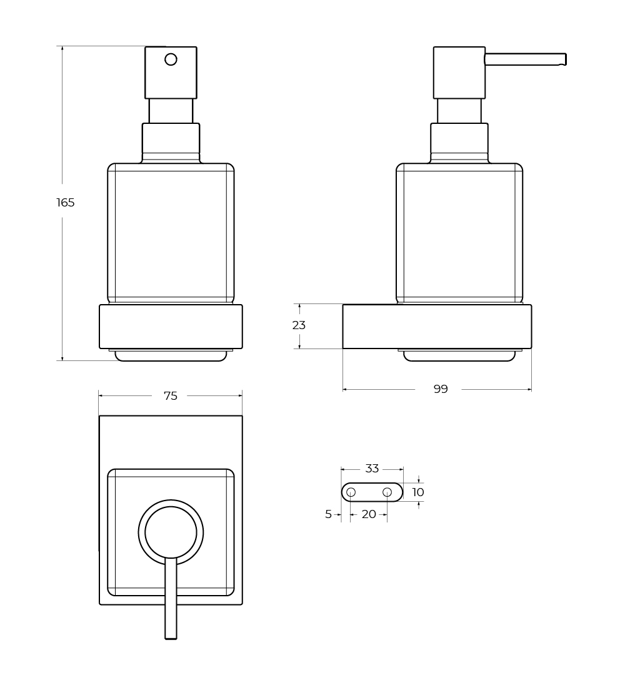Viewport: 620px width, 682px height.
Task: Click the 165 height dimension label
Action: tap(66, 202)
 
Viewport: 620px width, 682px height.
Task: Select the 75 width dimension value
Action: tap(171, 396)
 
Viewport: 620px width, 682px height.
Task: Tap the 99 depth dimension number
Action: tap(441, 389)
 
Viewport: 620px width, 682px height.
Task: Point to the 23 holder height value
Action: tap(299, 325)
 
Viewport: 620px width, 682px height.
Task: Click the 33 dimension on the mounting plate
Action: tap(372, 469)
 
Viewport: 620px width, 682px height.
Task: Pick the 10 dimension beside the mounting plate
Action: tap(418, 492)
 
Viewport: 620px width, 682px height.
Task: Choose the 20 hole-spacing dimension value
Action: tap(369, 514)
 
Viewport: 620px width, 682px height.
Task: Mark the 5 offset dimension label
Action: tap(328, 514)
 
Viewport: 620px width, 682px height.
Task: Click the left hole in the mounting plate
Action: tap(351, 492)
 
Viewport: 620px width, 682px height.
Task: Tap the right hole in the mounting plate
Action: tap(387, 492)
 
